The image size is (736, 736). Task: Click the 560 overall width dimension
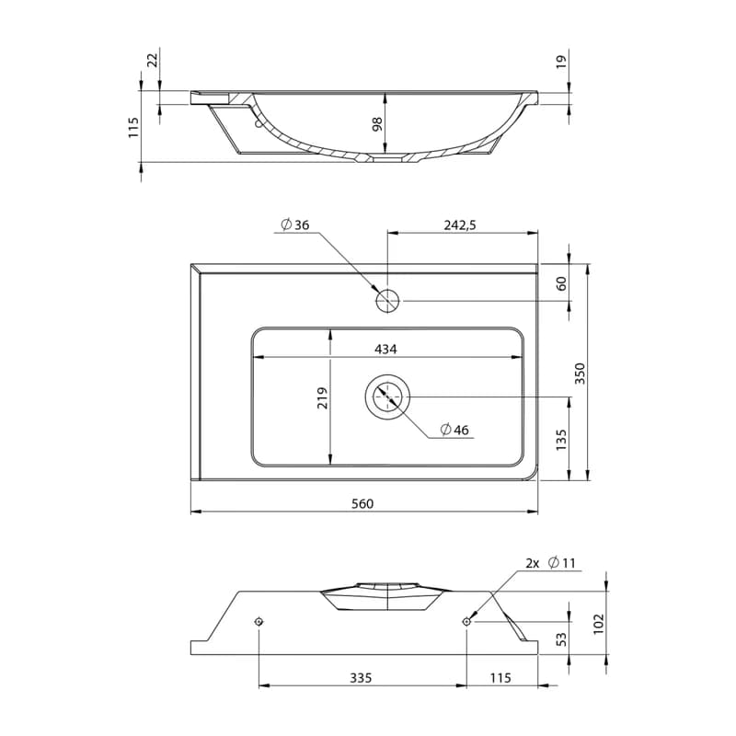(x=362, y=503)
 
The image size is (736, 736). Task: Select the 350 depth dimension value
(x=581, y=374)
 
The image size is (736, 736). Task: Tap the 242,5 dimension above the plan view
(x=460, y=225)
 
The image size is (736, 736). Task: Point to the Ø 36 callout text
(x=295, y=224)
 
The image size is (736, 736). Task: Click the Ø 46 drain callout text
(x=454, y=430)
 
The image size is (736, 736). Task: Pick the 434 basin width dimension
(x=385, y=350)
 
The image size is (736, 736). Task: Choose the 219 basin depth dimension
(x=323, y=398)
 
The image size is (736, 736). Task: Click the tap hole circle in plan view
(x=387, y=301)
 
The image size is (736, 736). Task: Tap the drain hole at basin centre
(x=387, y=397)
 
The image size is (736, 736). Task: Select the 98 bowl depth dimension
(x=377, y=124)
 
